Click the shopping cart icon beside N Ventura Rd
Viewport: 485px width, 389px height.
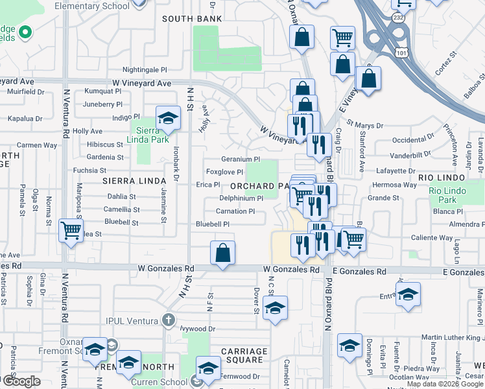pos(70,230)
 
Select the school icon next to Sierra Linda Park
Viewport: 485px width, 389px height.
pos(168,119)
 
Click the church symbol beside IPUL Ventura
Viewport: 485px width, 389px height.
pos(169,320)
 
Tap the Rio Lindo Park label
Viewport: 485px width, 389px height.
pos(452,195)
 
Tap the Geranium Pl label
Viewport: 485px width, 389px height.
pos(241,159)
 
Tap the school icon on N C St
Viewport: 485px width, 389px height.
pos(275,309)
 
